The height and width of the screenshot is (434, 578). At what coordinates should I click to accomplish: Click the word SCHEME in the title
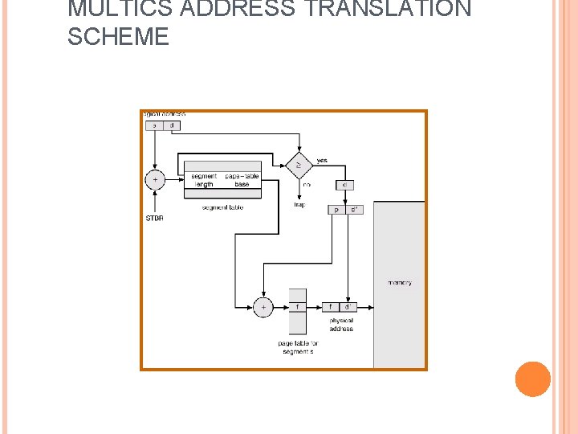118,37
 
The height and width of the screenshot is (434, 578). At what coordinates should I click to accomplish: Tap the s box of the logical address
154,125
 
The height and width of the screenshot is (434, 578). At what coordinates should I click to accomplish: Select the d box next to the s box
172,125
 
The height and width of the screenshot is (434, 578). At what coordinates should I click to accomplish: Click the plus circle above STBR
155,179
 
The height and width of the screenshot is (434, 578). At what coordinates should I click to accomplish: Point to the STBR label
154,217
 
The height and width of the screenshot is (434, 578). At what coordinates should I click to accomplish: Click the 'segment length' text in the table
204,180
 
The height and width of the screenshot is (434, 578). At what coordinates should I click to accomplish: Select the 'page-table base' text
242,180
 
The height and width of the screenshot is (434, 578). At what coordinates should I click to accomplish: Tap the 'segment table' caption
222,207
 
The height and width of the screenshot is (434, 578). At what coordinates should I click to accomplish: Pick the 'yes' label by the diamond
322,160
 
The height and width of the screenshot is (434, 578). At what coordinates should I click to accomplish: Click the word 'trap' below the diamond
299,204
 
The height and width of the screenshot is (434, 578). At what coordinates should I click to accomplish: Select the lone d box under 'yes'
344,185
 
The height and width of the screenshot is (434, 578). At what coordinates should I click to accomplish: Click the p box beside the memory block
336,210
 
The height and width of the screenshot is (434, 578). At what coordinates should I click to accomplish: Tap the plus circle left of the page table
263,307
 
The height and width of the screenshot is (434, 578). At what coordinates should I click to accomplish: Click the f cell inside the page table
297,306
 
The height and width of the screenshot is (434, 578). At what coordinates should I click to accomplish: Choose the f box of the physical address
330,306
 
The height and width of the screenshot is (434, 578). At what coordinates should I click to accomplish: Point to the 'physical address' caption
340,325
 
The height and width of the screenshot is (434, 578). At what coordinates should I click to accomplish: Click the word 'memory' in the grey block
399,283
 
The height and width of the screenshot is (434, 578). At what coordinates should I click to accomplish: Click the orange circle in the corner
532,379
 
